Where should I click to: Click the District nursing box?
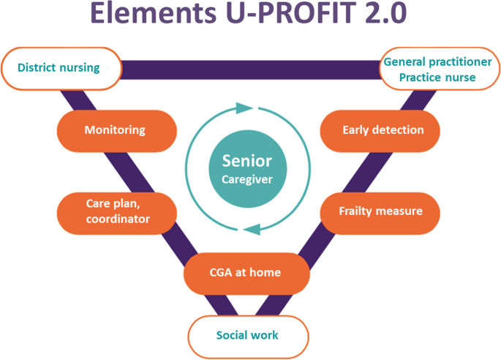[x=60, y=68]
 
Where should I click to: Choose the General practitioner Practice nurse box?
[x=437, y=70]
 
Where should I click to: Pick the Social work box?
[x=247, y=336]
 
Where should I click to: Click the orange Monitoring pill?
[x=116, y=130]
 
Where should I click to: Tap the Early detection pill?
[x=382, y=130]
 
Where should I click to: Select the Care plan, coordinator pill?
[x=116, y=211]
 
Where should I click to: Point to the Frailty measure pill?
[x=380, y=211]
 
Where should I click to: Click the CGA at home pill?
[x=243, y=273]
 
